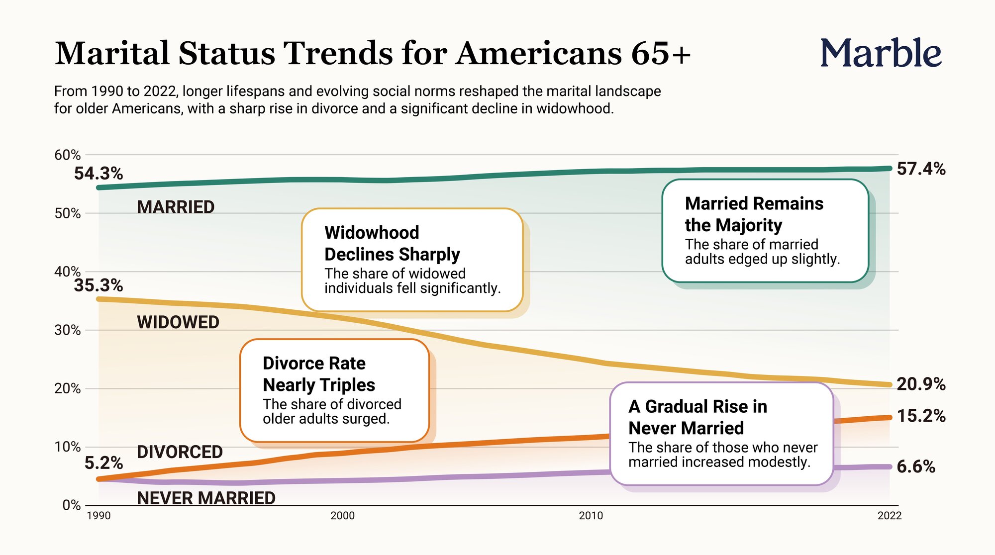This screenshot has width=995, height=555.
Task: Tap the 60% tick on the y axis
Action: pyautogui.click(x=67, y=155)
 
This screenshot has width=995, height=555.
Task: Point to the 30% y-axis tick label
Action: pyautogui.click(x=67, y=330)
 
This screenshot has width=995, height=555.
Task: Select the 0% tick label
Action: pyautogui.click(x=71, y=505)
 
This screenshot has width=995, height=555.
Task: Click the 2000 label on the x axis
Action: pyautogui.click(x=342, y=516)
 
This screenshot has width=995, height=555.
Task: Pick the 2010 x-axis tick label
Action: pyautogui.click(x=591, y=516)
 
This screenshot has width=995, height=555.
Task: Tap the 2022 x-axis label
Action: pyautogui.click(x=889, y=516)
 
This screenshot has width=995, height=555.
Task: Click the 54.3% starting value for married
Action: pyautogui.click(x=99, y=174)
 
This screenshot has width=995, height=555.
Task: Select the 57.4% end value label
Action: pyautogui.click(x=921, y=169)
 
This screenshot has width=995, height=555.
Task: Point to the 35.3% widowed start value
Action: pyautogui.click(x=99, y=285)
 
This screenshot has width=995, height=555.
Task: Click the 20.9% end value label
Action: pyautogui.click(x=921, y=384)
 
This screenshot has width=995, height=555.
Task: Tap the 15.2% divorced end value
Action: pyautogui.click(x=921, y=416)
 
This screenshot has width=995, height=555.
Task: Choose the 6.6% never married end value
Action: pyautogui.click(x=916, y=467)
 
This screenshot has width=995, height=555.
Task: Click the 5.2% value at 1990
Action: pyautogui.click(x=103, y=463)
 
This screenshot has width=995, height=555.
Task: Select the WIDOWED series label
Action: pyautogui.click(x=178, y=322)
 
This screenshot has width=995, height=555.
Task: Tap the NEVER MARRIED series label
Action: pyautogui.click(x=206, y=498)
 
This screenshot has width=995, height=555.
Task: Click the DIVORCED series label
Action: pyautogui.click(x=180, y=452)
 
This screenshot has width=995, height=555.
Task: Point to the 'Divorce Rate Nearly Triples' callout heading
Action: pyautogui.click(x=319, y=374)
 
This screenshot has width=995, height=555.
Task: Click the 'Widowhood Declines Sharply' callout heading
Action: pyautogui.click(x=392, y=243)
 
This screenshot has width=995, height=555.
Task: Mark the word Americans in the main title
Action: pyautogui.click(x=539, y=53)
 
